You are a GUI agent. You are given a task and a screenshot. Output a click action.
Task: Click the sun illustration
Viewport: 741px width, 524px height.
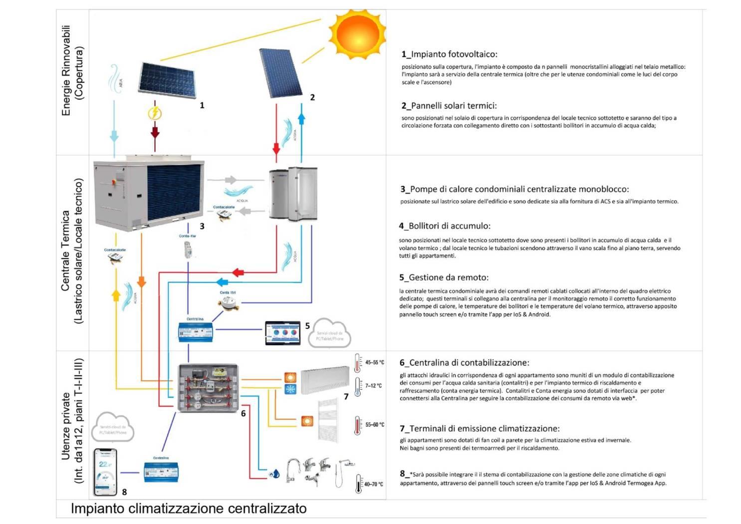click(x=357, y=32)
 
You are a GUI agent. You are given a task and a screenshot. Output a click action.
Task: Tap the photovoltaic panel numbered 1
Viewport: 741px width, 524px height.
click(x=168, y=84)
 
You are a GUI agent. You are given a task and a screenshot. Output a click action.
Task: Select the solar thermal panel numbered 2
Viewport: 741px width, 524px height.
click(x=281, y=73)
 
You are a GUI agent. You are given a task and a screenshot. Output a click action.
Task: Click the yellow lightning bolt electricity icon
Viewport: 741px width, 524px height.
click(x=155, y=113)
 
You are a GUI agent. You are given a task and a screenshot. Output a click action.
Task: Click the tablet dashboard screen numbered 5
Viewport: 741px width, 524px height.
click(x=283, y=333)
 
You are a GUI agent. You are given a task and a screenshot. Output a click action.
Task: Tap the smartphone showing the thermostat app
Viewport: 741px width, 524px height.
click(x=106, y=472)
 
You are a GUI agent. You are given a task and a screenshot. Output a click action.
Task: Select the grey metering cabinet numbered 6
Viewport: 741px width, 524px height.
click(x=209, y=388)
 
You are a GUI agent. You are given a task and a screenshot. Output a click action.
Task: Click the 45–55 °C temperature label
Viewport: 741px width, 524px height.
click(x=374, y=362)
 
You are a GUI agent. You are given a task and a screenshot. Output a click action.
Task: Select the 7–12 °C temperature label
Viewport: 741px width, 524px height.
click(x=373, y=386)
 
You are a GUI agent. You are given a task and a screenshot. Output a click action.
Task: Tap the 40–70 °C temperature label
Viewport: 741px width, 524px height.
click(x=373, y=484)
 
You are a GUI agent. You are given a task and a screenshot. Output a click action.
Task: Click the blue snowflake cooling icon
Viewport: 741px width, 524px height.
click(x=290, y=389)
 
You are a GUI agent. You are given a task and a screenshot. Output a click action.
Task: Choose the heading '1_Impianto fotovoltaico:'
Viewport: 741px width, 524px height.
click(x=449, y=54)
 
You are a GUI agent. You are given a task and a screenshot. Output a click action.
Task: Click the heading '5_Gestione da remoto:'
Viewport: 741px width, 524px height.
click(x=444, y=277)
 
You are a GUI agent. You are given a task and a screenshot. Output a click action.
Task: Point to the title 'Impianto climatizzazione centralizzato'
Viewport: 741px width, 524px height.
click(x=189, y=509)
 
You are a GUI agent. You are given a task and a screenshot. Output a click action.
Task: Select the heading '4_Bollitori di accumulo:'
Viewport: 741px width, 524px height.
click(x=445, y=226)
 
